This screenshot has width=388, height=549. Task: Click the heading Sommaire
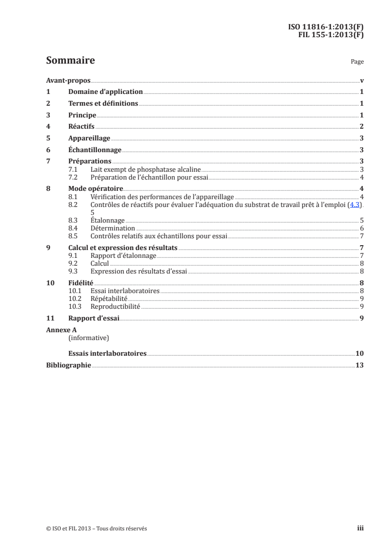[x=70, y=61]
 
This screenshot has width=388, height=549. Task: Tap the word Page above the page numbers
[x=357, y=63]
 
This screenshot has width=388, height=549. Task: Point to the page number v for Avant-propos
[x=361, y=81]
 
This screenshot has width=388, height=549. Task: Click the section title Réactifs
[x=81, y=127]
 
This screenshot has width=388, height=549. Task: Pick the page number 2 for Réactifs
[x=361, y=127]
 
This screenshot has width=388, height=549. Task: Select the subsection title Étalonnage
[x=108, y=221]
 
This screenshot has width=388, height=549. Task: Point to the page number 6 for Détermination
[x=361, y=228]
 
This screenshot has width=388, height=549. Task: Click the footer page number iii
[x=360, y=528]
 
